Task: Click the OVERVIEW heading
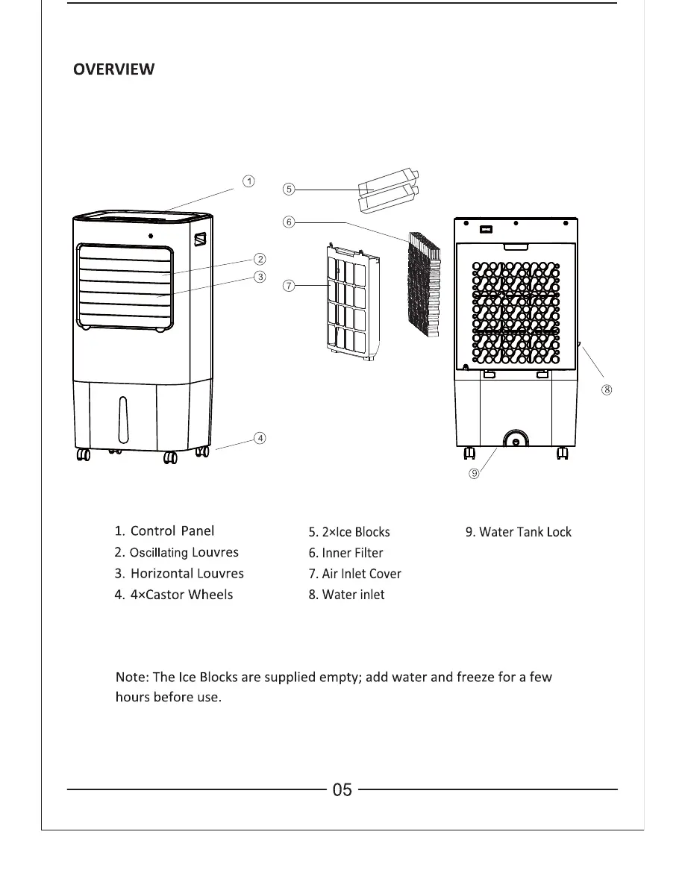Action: (x=113, y=69)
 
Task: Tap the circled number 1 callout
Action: (x=249, y=181)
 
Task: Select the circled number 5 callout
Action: (x=288, y=190)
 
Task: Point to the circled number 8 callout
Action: (x=607, y=389)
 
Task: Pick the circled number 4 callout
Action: (x=260, y=438)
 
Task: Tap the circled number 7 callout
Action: (x=288, y=286)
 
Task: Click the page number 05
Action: (x=342, y=789)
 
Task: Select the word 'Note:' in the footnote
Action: (x=131, y=677)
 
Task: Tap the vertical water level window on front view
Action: (x=122, y=420)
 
